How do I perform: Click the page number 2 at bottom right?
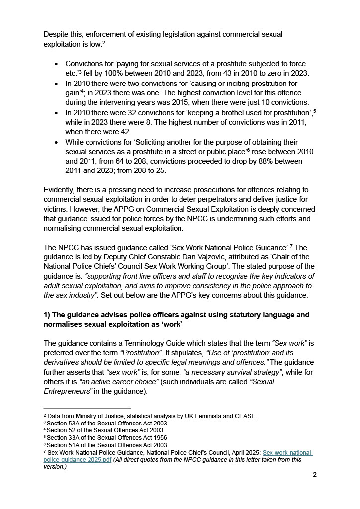click(315, 474)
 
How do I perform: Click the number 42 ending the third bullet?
click(126, 131)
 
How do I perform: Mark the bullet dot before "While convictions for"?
click(56, 142)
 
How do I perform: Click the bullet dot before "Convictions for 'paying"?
click(56, 64)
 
